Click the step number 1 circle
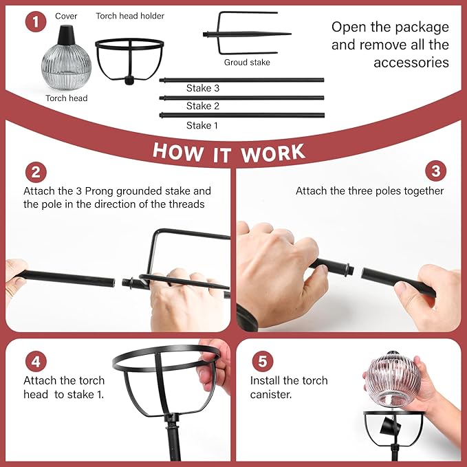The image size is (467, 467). click(x=36, y=22)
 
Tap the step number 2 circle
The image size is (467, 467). click(x=36, y=172)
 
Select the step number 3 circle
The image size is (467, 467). click(x=436, y=171)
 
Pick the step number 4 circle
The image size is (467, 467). click(x=36, y=361)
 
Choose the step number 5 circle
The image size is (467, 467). click(x=263, y=361)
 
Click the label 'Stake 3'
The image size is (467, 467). click(x=202, y=88)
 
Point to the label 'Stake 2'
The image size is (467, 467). click(x=202, y=106)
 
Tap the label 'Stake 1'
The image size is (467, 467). click(x=202, y=125)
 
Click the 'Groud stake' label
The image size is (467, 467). click(x=247, y=63)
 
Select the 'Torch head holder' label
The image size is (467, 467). click(x=130, y=16)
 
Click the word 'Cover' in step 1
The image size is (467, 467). click(x=66, y=16)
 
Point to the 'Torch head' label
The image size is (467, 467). click(x=67, y=98)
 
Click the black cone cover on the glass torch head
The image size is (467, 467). click(x=67, y=34)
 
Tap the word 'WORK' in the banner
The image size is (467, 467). click(x=273, y=153)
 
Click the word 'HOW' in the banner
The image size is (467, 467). click(x=178, y=152)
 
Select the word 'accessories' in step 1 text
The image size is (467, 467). click(x=411, y=63)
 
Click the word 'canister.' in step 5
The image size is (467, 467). click(x=271, y=394)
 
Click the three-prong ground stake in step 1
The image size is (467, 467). click(x=247, y=34)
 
